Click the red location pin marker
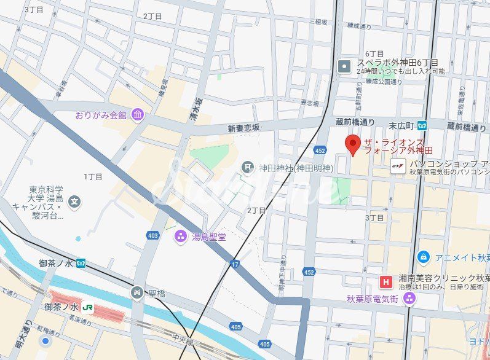(353, 145)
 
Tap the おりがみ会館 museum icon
(137, 115)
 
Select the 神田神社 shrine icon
(247, 166)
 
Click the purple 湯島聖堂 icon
(180, 236)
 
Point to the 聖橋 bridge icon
(138, 293)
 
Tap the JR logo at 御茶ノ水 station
(88, 307)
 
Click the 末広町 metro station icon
(422, 125)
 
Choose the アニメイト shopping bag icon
(422, 257)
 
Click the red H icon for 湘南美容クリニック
(385, 282)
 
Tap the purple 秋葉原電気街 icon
(409, 299)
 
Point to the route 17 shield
(234, 264)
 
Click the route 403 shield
(152, 235)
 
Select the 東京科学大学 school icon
(74, 201)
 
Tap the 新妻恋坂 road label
(244, 128)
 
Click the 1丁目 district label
(93, 176)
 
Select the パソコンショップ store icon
(398, 165)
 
